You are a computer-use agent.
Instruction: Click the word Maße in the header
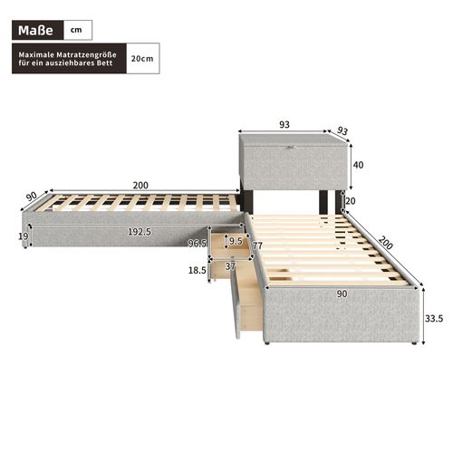coord(37,31)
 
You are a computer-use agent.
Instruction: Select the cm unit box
coord(78,31)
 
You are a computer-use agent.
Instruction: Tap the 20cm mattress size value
coord(141,58)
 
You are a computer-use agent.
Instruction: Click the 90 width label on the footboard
coord(342,293)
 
